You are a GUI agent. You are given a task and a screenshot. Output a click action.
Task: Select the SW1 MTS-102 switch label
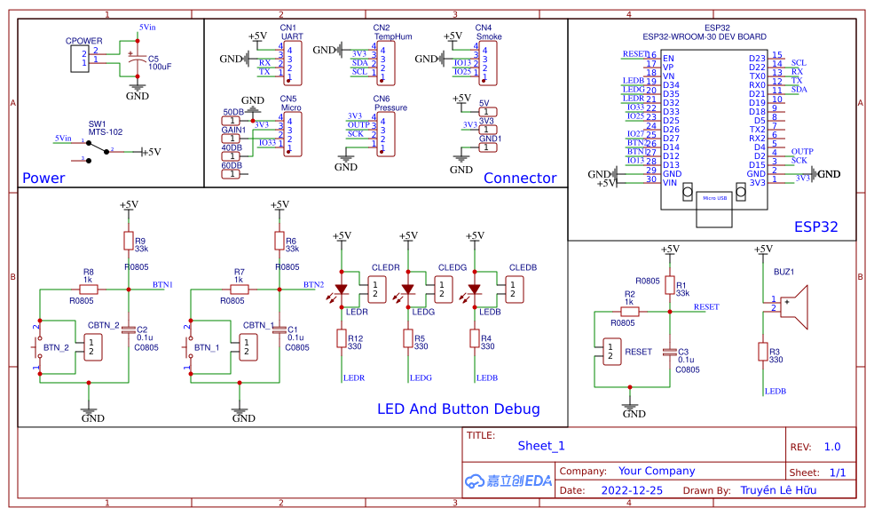(x=105, y=128)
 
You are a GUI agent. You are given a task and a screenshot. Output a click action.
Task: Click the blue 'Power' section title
(x=43, y=178)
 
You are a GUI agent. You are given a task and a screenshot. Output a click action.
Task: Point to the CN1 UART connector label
(x=288, y=33)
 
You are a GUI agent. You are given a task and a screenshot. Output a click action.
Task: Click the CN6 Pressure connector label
(x=390, y=103)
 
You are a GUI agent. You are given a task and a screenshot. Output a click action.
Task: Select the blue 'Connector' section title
(x=520, y=178)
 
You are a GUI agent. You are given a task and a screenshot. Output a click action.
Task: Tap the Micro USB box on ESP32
(x=714, y=197)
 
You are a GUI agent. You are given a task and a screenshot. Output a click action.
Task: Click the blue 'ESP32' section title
(x=815, y=226)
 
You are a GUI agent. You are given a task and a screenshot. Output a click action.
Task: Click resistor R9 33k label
(x=141, y=244)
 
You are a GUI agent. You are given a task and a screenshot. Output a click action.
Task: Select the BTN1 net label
(x=162, y=284)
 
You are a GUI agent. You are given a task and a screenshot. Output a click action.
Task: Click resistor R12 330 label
(x=355, y=342)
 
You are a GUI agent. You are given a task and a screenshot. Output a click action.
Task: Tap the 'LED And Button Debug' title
(x=458, y=409)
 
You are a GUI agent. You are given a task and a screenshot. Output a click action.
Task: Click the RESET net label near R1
(x=706, y=306)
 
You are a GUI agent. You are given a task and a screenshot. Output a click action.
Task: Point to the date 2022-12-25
(x=632, y=489)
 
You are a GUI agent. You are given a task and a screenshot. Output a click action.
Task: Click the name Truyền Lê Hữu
(x=778, y=489)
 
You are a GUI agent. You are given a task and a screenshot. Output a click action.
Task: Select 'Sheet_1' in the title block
(x=540, y=446)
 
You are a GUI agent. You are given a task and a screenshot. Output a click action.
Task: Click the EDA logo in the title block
(x=508, y=480)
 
